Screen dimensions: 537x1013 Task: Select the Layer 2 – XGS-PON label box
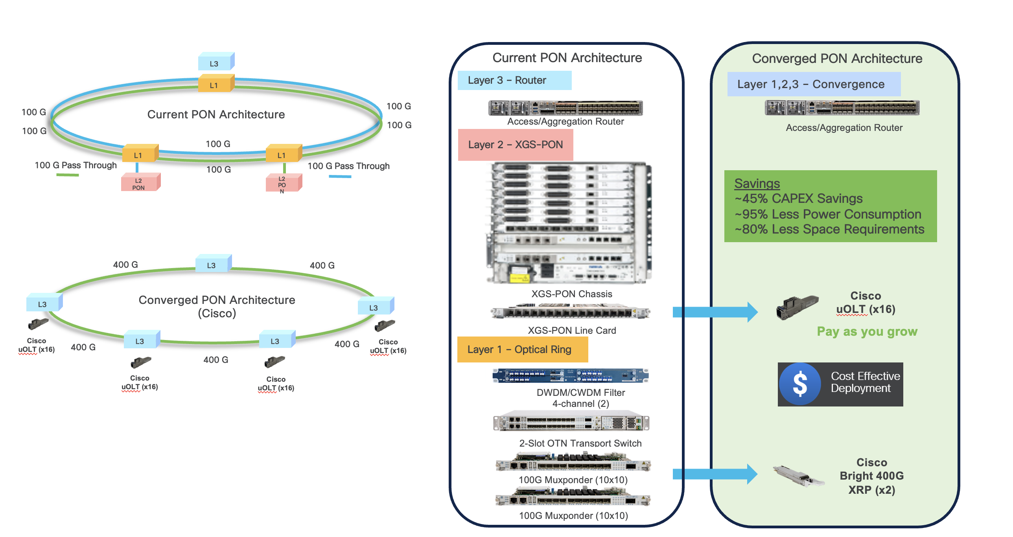515,145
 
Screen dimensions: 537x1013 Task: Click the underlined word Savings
757,184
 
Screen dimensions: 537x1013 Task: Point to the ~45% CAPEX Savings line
798,199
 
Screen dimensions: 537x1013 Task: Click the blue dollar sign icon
800,384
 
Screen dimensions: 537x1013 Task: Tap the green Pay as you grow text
867,331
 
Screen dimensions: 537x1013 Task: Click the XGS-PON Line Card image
570,313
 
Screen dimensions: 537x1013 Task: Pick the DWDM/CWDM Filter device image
570,375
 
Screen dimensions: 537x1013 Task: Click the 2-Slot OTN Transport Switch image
571,423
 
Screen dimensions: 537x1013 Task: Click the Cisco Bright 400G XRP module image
798,476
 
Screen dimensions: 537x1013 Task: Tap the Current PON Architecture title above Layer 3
567,58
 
